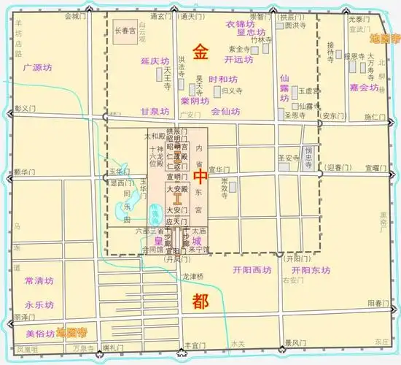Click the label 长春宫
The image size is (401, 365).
tap(122, 30)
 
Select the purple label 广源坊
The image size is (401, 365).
tap(38, 68)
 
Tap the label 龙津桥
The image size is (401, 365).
tap(195, 277)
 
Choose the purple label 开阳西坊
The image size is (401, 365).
tap(252, 269)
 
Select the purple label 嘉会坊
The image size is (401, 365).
tap(364, 87)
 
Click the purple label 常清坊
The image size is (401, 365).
tap(39, 280)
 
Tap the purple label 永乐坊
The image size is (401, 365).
tap(39, 304)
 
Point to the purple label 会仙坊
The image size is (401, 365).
tap(225, 112)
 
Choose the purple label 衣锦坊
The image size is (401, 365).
tap(241, 24)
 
